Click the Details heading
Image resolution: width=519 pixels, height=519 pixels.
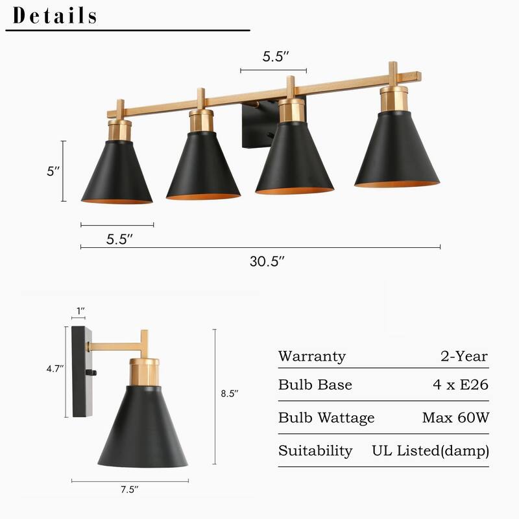(x=55, y=16)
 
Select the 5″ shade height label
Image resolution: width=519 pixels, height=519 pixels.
(x=53, y=172)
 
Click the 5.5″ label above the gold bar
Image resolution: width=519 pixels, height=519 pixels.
(x=275, y=56)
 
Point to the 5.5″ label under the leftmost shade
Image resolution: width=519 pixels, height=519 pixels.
(x=119, y=239)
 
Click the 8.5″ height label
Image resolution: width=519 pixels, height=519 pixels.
(x=230, y=393)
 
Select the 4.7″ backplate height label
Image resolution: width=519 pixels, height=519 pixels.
(x=54, y=368)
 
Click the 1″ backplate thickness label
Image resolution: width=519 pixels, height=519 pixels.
(x=80, y=311)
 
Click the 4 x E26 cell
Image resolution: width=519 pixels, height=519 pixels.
(x=461, y=385)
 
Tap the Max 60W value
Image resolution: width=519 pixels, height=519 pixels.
(x=455, y=418)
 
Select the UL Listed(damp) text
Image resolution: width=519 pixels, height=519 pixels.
(x=430, y=450)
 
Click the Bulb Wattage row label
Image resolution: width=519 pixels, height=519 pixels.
(x=326, y=418)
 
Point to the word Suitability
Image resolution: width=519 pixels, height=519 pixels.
(x=315, y=450)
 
